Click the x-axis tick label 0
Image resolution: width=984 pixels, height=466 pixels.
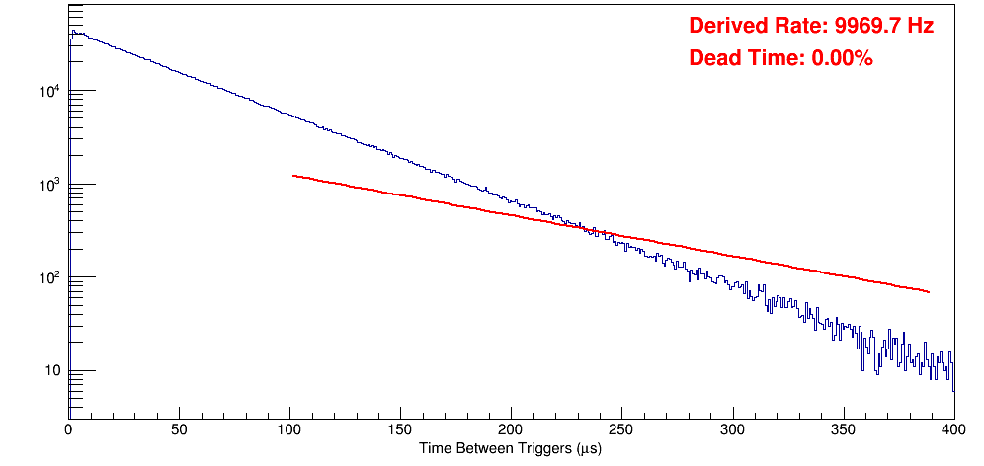[x=68, y=430]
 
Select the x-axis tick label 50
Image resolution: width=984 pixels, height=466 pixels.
[x=179, y=430]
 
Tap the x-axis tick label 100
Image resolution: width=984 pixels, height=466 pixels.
[x=289, y=430]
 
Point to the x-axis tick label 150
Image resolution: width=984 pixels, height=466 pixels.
[x=400, y=430]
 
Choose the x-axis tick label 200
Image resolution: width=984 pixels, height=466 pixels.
[x=511, y=430]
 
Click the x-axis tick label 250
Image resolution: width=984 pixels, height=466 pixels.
[x=621, y=430]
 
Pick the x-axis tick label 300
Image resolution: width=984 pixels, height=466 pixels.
[x=732, y=430]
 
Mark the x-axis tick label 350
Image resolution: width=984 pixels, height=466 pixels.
[x=843, y=430]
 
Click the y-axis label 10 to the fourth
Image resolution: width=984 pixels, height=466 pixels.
[x=46, y=92]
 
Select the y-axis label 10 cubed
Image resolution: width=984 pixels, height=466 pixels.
[x=46, y=185]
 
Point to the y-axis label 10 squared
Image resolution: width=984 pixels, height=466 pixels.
[x=46, y=277]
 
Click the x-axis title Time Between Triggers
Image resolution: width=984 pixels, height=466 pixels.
[x=510, y=449]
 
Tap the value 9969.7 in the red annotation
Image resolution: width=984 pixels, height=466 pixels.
[x=860, y=27]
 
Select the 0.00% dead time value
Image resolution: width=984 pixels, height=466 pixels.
[x=842, y=59]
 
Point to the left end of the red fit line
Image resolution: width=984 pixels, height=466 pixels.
[x=293, y=176]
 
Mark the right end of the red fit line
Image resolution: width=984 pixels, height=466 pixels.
[x=929, y=292]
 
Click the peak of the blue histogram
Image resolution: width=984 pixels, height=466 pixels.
[x=73, y=32]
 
